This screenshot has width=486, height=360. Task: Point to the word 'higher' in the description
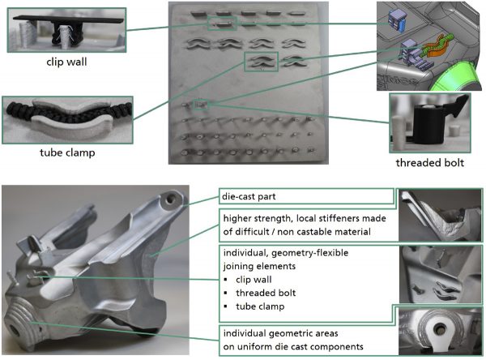pos(240,216)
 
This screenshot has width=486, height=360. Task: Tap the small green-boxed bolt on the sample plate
pos(202,104)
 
